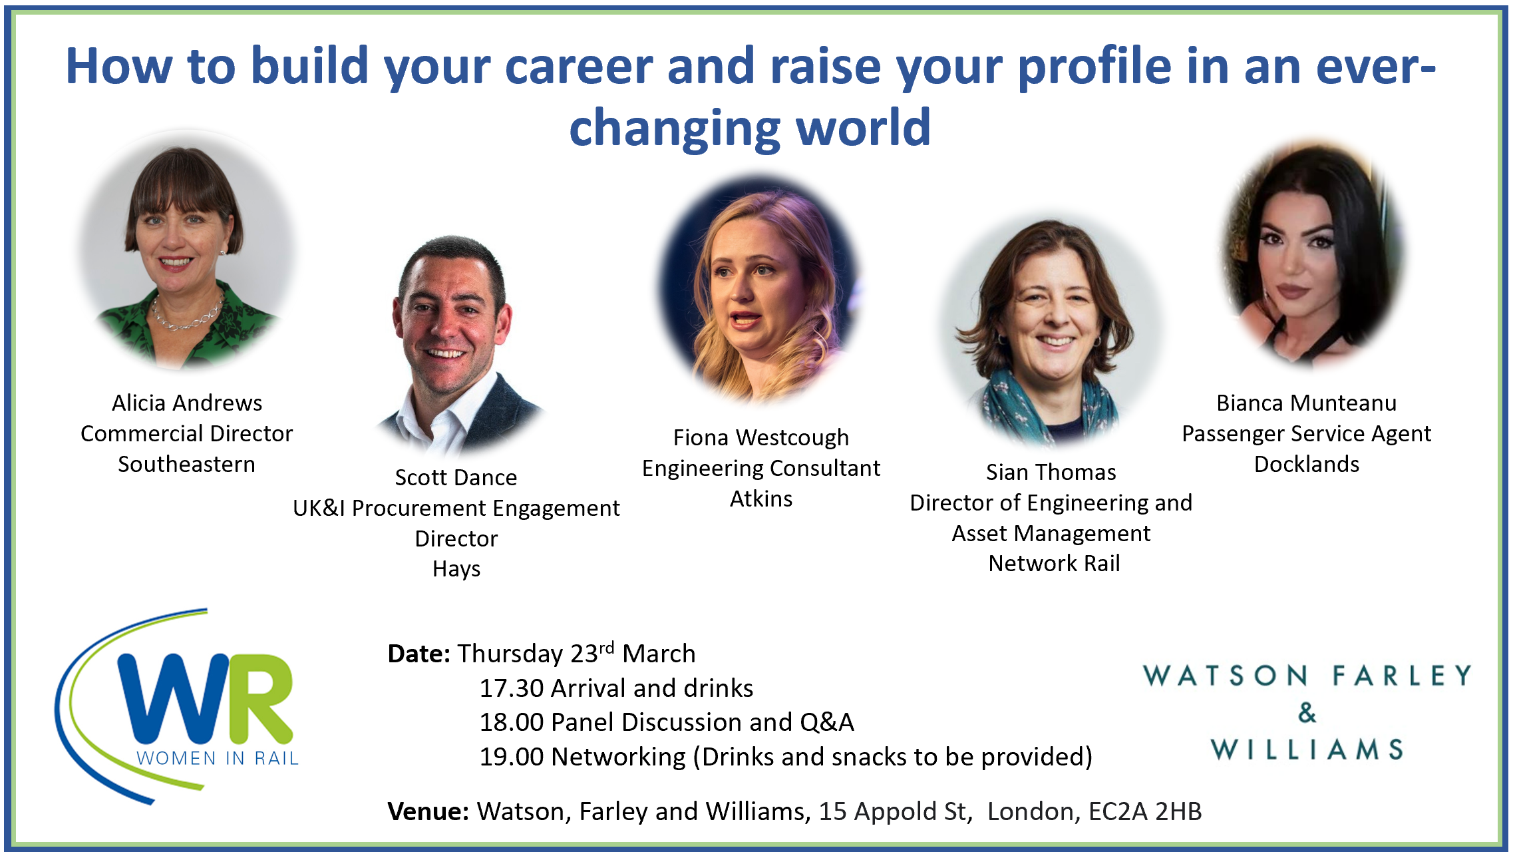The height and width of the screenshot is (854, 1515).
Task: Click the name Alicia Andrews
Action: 187,403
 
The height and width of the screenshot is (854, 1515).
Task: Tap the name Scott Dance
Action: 456,477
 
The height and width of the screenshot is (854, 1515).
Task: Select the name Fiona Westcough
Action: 761,438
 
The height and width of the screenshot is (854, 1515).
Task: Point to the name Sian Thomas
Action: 1051,472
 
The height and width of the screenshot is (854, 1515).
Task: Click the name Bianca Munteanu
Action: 1307,403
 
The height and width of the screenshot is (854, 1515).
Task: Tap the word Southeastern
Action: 187,464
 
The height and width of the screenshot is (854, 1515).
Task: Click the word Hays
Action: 456,569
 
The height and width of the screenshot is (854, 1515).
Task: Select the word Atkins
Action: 761,499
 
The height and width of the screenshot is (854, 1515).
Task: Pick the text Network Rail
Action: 1055,563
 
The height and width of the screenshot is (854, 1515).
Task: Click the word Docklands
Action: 1307,464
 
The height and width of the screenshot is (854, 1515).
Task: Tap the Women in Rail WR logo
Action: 177,706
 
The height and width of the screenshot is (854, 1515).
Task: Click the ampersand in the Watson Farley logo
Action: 1307,713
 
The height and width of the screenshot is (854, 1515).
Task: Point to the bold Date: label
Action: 419,654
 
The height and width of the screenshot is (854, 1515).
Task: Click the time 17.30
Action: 512,688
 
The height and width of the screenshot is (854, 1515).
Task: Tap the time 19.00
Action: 512,757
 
